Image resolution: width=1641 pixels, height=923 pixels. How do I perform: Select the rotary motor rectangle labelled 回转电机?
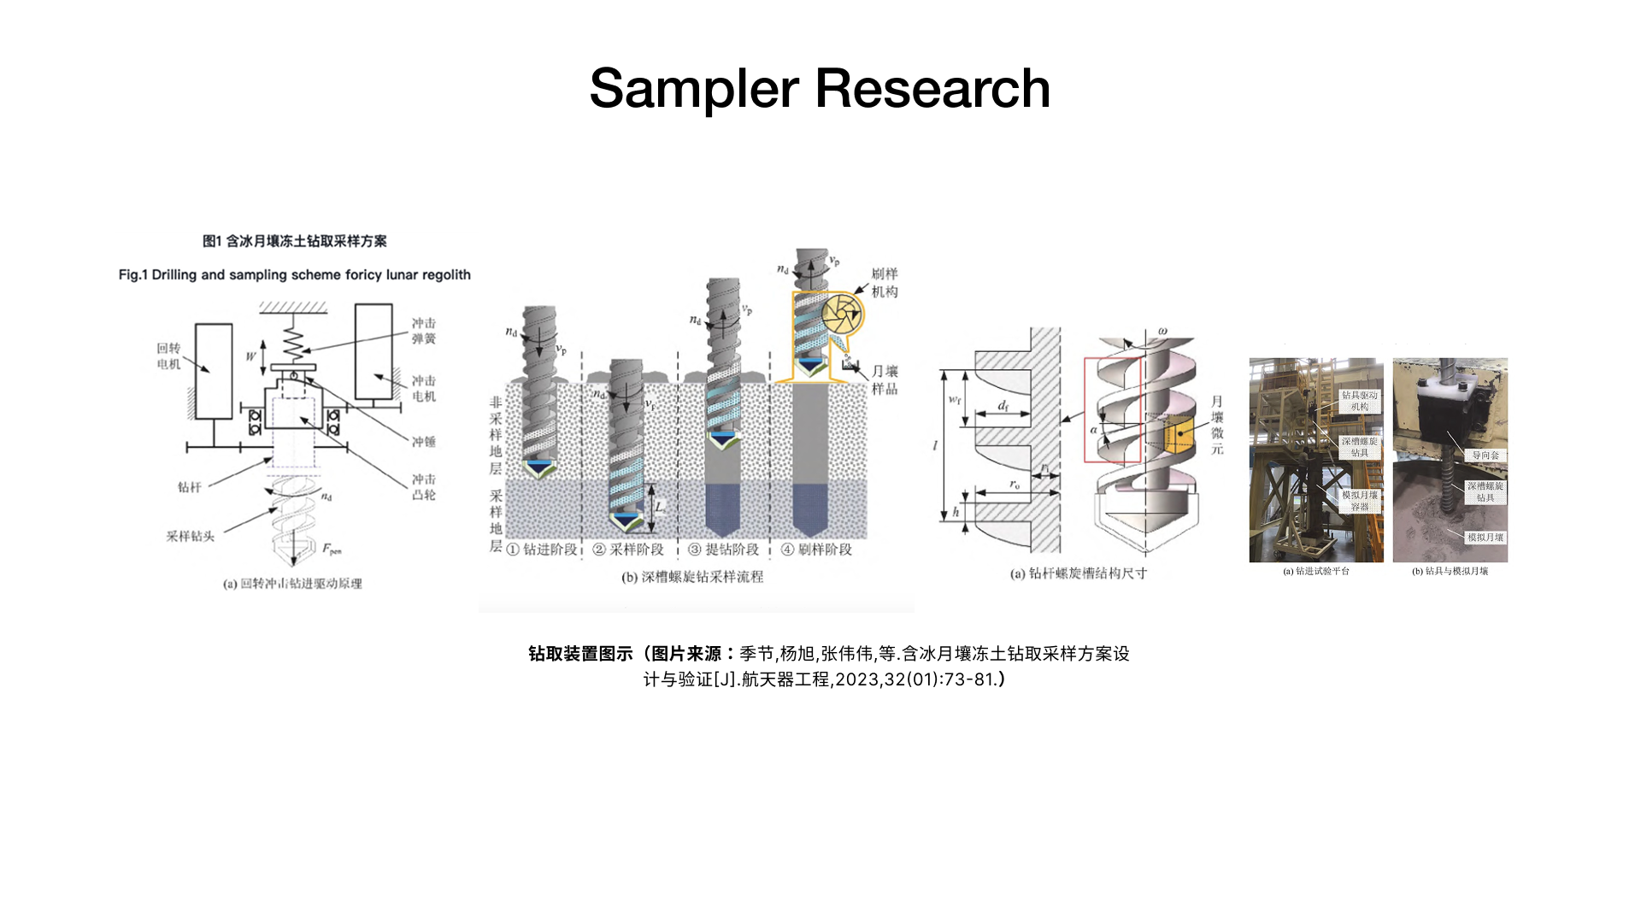point(214,371)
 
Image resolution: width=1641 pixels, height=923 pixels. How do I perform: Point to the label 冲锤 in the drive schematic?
point(424,442)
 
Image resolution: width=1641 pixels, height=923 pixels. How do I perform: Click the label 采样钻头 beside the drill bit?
point(190,536)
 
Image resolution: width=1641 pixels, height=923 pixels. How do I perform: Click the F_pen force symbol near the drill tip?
point(332,550)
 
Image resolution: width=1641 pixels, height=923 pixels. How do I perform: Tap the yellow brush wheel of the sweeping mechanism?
point(842,314)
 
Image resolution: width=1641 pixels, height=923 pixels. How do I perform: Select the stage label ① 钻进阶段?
point(542,550)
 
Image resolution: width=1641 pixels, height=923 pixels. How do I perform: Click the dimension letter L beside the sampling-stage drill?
point(659,507)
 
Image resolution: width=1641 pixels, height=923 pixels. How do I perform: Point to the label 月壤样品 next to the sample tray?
point(885,379)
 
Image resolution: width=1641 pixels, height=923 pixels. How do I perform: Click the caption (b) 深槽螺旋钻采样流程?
point(692,577)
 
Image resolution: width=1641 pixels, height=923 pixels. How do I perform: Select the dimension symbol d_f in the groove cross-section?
point(1003,406)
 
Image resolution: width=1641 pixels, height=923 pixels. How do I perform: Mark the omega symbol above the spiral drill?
point(1162,331)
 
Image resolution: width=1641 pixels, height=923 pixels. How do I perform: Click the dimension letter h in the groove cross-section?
point(956,513)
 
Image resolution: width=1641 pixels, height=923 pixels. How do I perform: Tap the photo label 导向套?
point(1485,456)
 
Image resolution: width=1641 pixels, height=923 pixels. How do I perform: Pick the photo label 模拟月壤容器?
point(1359,501)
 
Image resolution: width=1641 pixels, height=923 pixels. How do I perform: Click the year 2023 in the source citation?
point(857,679)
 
